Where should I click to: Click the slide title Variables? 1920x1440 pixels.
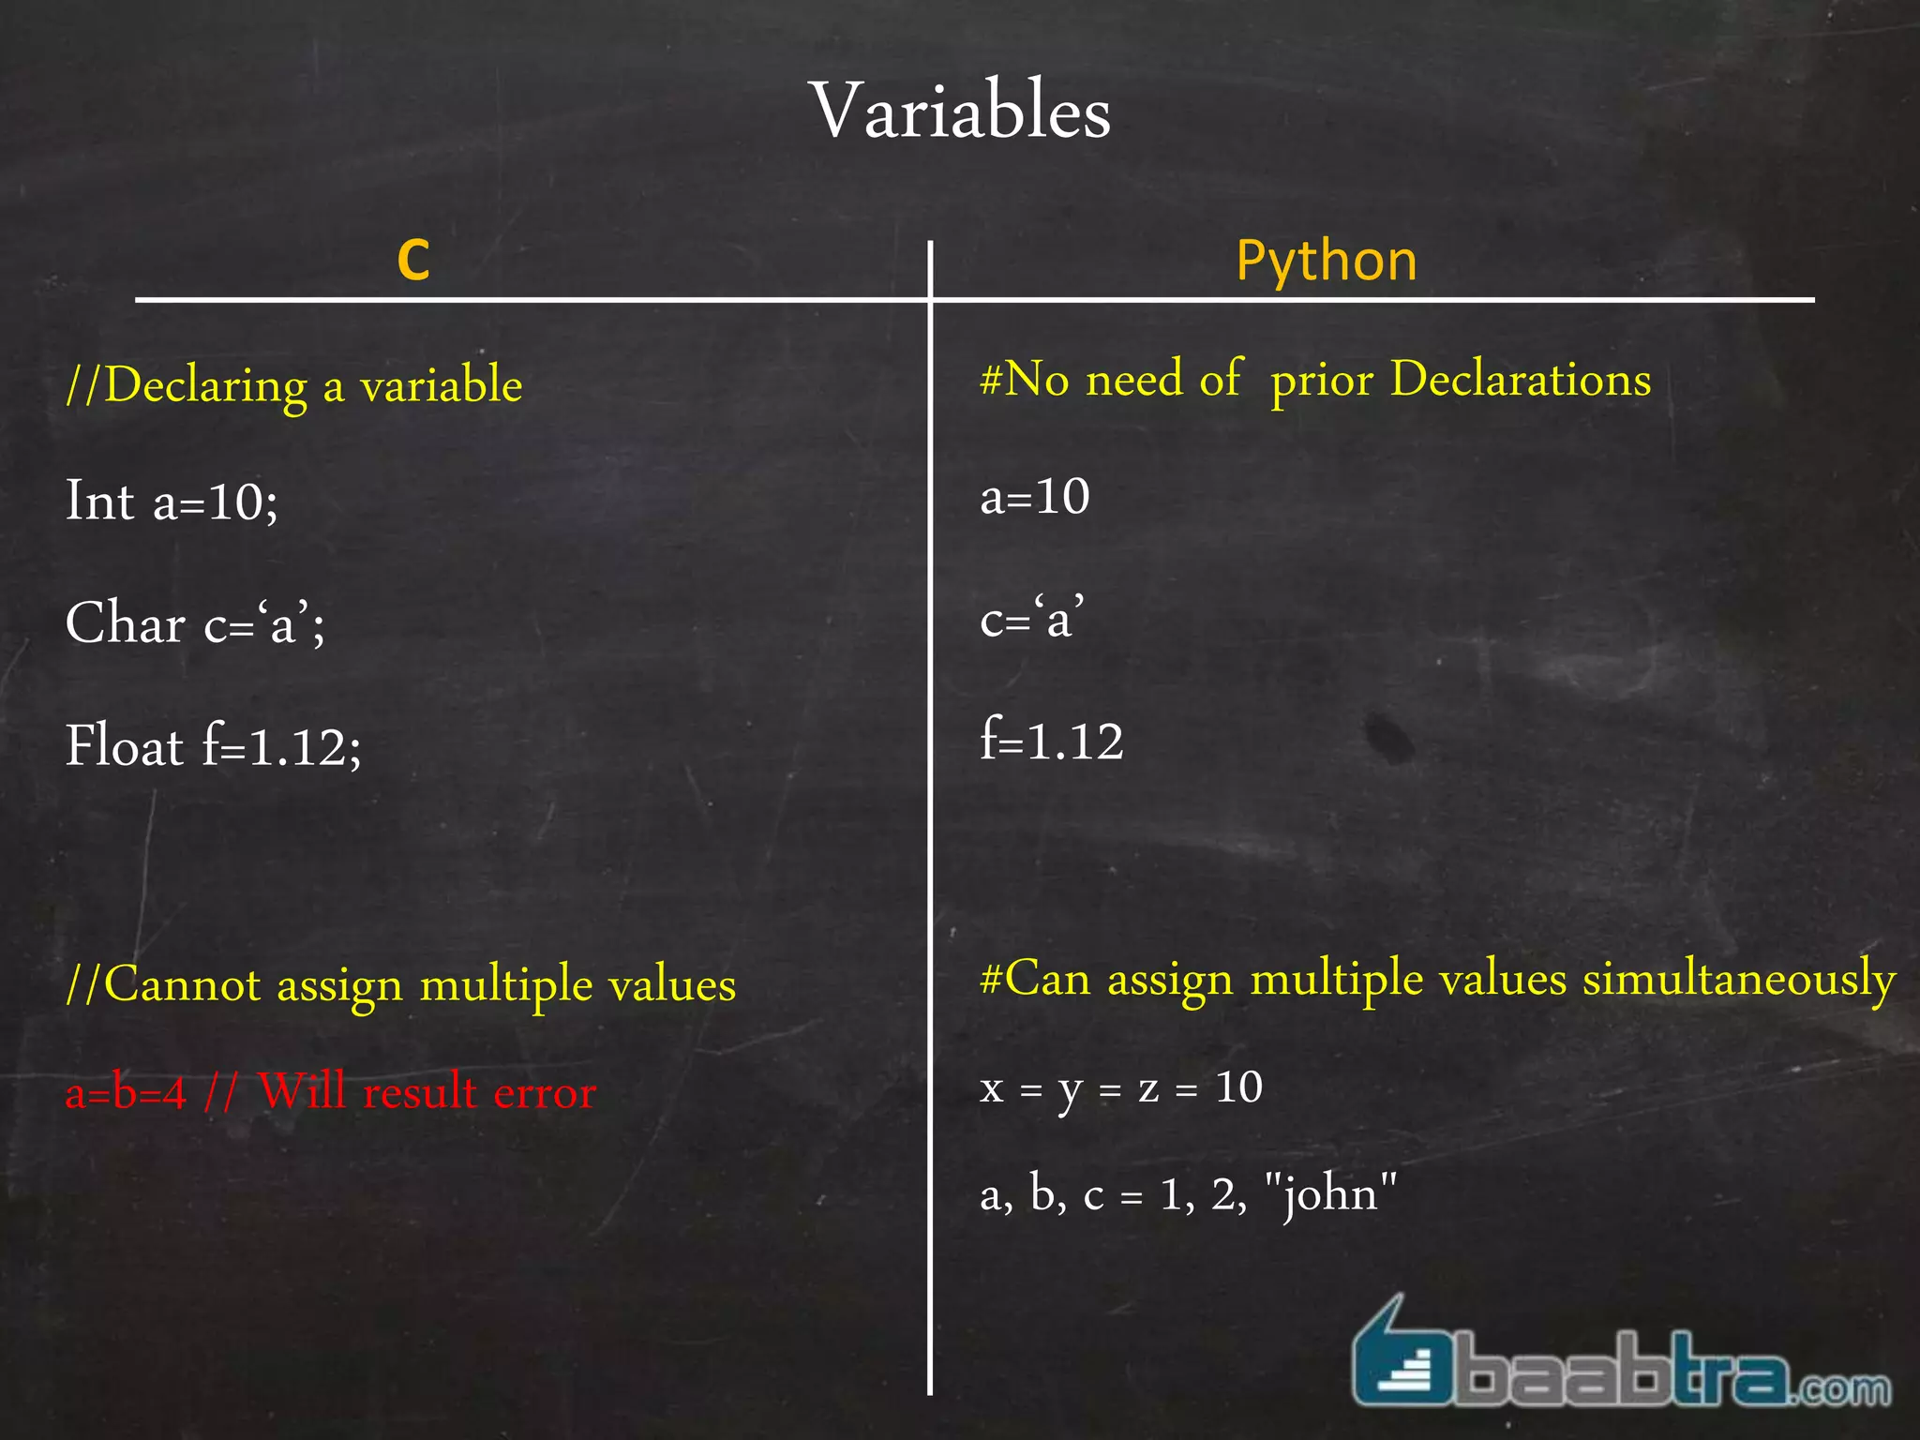pyautogui.click(x=960, y=112)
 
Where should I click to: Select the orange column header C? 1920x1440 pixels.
pyautogui.click(x=413, y=260)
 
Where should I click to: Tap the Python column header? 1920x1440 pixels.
pyautogui.click(x=1326, y=260)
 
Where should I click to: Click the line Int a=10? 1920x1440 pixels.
pyautogui.click(x=172, y=501)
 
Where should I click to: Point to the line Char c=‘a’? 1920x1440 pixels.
pyautogui.click(x=195, y=623)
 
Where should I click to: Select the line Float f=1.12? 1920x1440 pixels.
pyautogui.click(x=213, y=747)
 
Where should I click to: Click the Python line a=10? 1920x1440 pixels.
pyautogui.click(x=1035, y=496)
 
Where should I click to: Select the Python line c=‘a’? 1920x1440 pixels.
pyautogui.click(x=1032, y=620)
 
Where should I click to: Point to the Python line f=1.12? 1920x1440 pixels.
pyautogui.click(x=1051, y=742)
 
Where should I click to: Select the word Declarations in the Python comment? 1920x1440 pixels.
pyautogui.click(x=1521, y=380)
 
